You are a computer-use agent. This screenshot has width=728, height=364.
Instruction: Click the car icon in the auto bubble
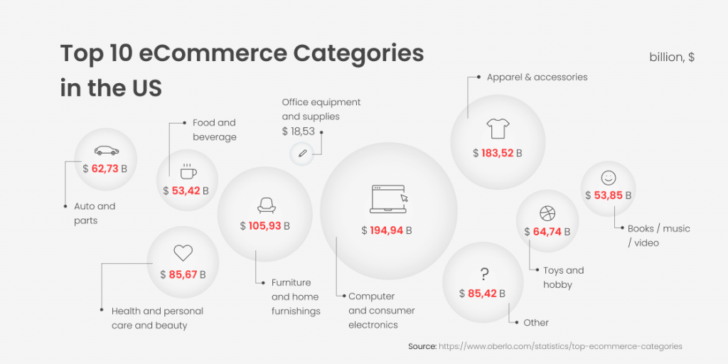click(x=107, y=151)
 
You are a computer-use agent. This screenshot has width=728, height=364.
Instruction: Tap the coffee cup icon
click(x=188, y=171)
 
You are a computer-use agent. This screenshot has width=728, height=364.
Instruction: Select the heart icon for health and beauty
click(x=183, y=253)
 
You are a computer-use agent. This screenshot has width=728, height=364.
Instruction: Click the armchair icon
click(x=266, y=205)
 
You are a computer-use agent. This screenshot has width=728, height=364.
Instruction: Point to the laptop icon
click(x=389, y=199)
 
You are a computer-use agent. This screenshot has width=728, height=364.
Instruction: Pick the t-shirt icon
click(x=498, y=128)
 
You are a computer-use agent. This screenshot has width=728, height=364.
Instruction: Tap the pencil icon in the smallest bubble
click(x=302, y=153)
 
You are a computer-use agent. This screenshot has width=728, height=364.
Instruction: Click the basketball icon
click(x=547, y=213)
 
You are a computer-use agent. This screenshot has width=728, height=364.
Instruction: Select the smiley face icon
click(x=609, y=178)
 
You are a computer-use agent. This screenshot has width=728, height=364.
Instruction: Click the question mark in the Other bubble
click(x=483, y=274)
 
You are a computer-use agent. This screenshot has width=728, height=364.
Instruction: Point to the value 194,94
click(x=386, y=230)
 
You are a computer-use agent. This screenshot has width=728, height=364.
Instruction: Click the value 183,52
click(x=497, y=154)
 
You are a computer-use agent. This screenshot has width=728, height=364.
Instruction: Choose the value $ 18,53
click(x=299, y=132)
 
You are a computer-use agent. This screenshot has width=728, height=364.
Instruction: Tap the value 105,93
click(x=264, y=226)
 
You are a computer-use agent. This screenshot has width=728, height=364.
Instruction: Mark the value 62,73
click(x=105, y=168)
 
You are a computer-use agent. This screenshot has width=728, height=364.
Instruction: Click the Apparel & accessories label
click(x=537, y=77)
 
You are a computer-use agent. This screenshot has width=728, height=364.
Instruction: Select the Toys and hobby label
click(x=564, y=277)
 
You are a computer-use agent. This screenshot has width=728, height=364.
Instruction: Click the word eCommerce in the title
click(x=212, y=54)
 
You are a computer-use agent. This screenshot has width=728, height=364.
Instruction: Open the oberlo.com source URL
click(x=560, y=346)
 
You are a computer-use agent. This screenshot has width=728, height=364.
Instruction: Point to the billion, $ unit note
click(x=672, y=57)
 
